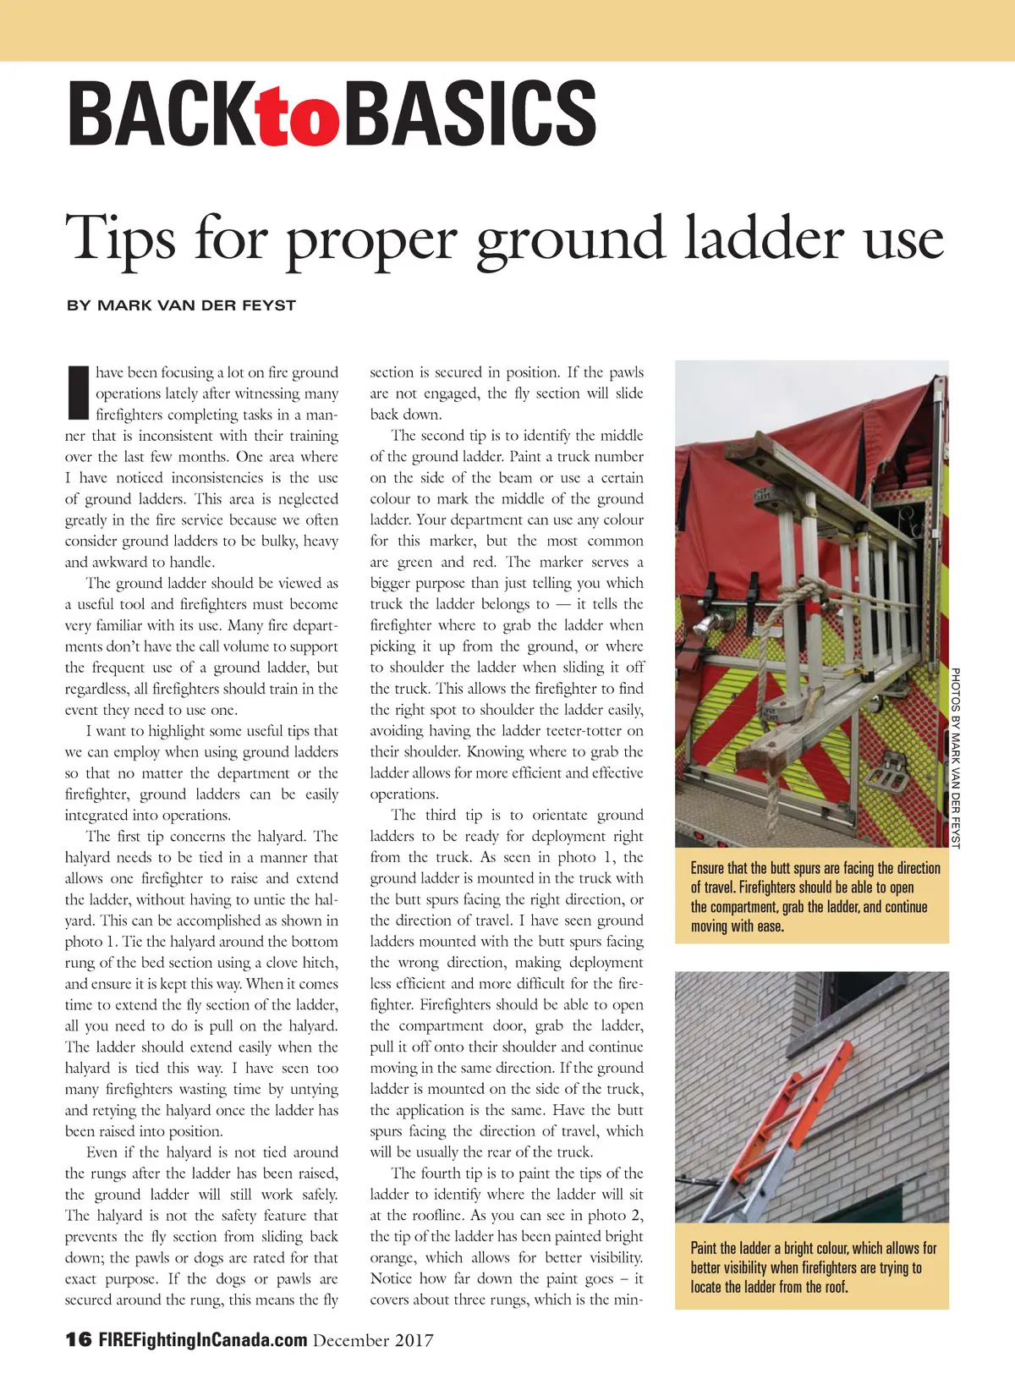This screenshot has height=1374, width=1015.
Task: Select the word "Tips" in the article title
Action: pyautogui.click(x=120, y=239)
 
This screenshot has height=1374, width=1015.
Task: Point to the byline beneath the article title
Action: pyautogui.click(x=181, y=305)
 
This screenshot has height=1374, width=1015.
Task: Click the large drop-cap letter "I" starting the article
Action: pyautogui.click(x=77, y=393)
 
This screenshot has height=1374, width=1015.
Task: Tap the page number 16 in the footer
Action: pyautogui.click(x=78, y=1339)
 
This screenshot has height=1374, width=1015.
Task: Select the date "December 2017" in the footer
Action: pyautogui.click(x=373, y=1340)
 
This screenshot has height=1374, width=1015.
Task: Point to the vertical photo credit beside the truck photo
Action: pyautogui.click(x=956, y=757)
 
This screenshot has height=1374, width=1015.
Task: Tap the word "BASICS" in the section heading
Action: pyautogui.click(x=470, y=114)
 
